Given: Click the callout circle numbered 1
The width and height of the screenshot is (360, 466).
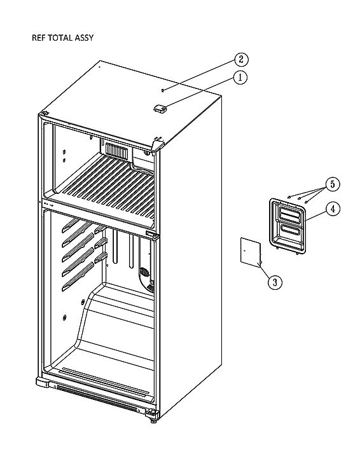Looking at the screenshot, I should coord(240,78).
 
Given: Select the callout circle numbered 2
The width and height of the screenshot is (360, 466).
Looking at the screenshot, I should coord(240,60).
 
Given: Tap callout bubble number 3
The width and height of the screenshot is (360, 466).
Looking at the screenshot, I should coord(273,282).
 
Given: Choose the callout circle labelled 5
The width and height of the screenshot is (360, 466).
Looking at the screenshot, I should coord(331,185).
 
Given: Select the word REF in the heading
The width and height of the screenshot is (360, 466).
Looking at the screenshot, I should coord(39,38).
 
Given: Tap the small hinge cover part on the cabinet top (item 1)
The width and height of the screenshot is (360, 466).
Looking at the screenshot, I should coord(159,109).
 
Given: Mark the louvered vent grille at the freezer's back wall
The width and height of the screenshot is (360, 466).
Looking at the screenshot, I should coord(116,151).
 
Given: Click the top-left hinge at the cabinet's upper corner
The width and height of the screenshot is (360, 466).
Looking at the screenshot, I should coord(45,114).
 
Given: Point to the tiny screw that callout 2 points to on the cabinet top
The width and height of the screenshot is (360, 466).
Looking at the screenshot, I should coord(163,90).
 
